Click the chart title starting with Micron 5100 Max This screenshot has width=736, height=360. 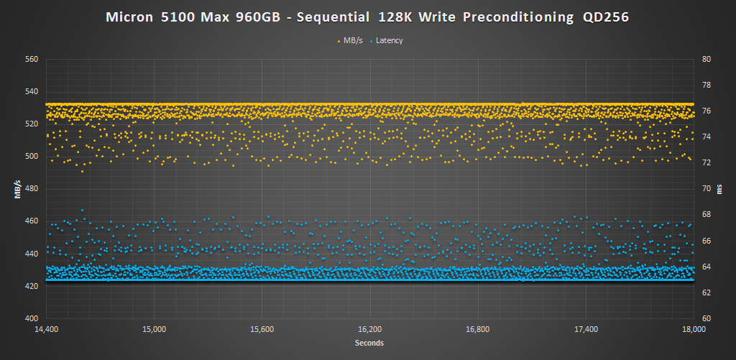point(368,17)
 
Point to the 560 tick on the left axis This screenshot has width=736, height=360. point(31,59)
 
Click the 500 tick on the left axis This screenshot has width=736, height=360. point(31,156)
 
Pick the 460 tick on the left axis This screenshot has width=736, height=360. point(31,221)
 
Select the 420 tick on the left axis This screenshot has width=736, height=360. point(31,286)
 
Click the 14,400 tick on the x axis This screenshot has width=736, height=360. point(46,329)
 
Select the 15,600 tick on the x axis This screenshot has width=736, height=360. point(262,329)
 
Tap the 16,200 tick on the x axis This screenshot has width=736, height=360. point(369,329)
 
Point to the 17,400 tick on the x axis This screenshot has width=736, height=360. point(585,329)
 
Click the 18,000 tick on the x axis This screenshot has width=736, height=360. point(693,329)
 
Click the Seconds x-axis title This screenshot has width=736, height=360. point(369,343)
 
